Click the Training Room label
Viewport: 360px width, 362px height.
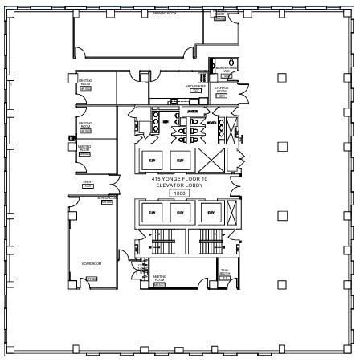164,14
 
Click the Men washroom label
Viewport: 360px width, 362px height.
166,121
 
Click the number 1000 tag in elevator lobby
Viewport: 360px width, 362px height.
179,193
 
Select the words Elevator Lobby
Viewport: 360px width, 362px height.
180,185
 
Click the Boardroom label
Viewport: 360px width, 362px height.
91,263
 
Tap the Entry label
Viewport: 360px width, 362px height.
88,183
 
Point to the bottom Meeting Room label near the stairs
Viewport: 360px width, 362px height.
159,279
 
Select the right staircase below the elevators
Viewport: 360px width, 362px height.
211,238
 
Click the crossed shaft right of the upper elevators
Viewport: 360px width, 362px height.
211,159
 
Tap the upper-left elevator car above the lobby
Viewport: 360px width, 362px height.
152,159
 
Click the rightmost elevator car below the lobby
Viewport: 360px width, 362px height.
210,212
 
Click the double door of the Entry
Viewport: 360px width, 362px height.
115,185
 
